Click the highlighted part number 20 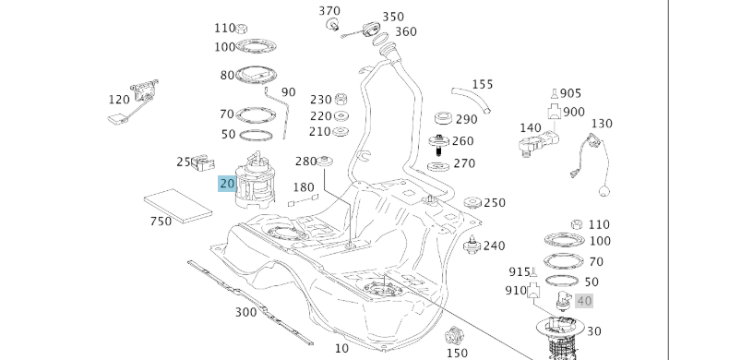227,184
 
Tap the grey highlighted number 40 584,302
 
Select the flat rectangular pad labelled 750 178,206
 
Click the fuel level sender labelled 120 134,102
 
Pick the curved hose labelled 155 471,100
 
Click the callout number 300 246,312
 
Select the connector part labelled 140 538,143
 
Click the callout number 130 602,124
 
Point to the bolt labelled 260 438,145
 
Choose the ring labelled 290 443,118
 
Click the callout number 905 570,93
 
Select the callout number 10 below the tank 341,348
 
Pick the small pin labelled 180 303,200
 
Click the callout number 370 329,11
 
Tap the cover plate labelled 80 256,76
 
